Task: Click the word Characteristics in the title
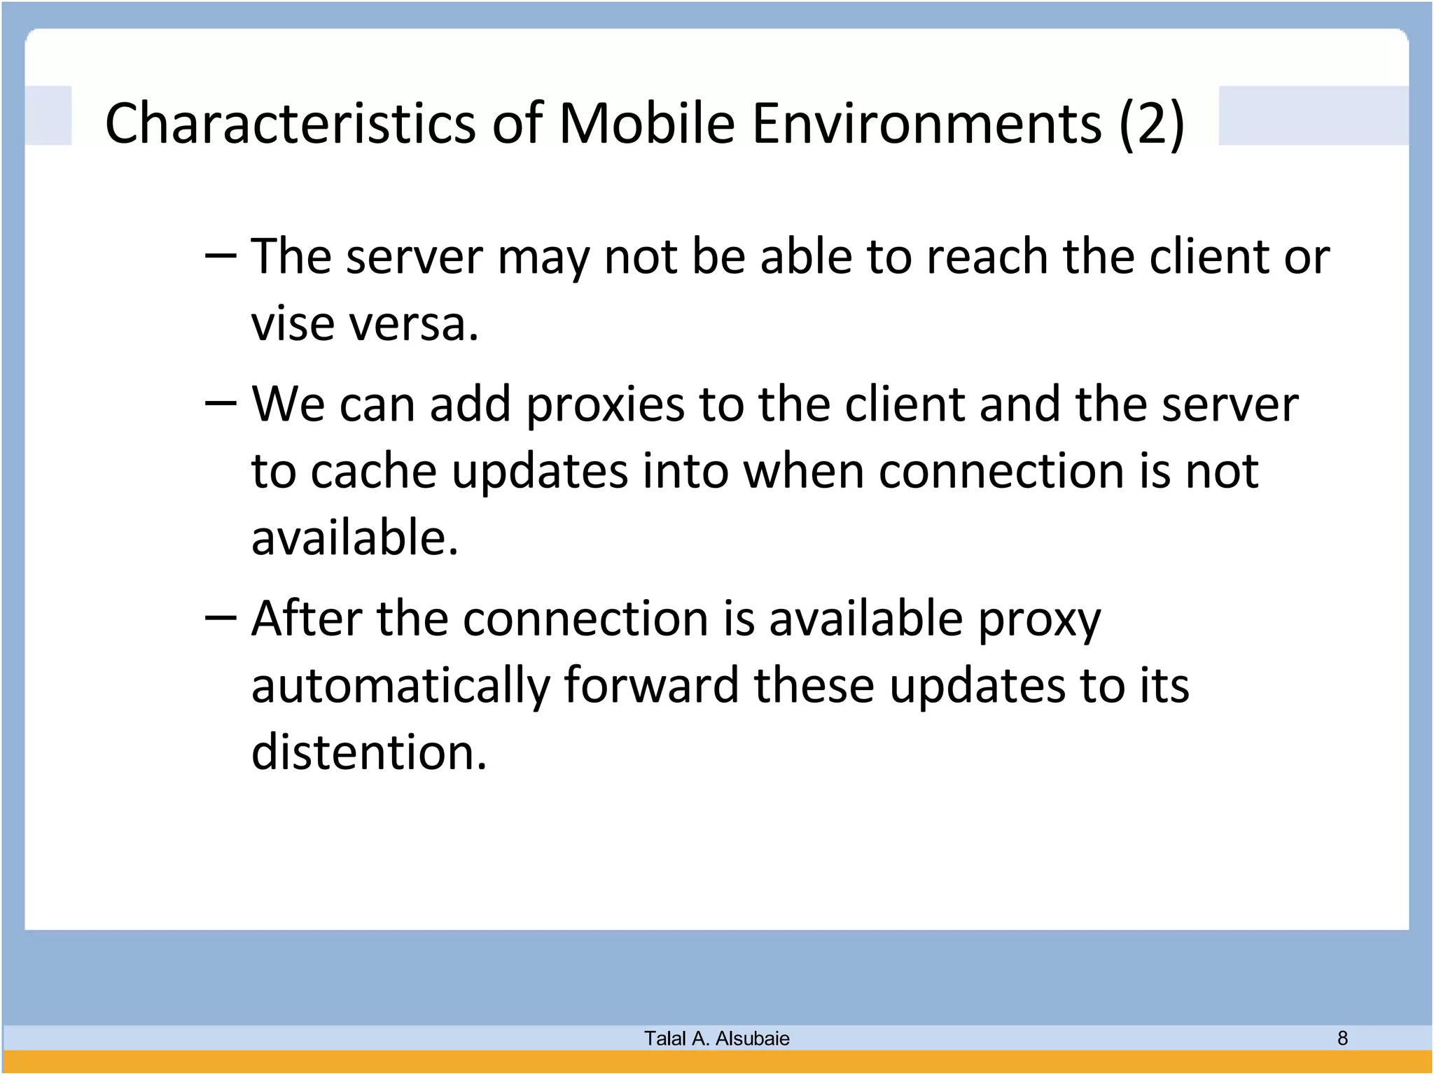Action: pyautogui.click(x=291, y=123)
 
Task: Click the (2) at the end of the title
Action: pyautogui.click(x=1152, y=123)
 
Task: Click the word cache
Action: pyautogui.click(x=374, y=471)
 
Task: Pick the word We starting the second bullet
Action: pyautogui.click(x=288, y=405)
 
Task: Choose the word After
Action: pyautogui.click(x=307, y=619)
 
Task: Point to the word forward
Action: pyautogui.click(x=651, y=685)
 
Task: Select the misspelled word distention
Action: pyautogui.click(x=368, y=752)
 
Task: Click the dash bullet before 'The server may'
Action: pyautogui.click(x=221, y=256)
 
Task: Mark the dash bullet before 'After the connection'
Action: pyautogui.click(x=221, y=619)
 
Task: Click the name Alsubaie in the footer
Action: pyautogui.click(x=752, y=1039)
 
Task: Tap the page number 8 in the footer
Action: pyautogui.click(x=1342, y=1038)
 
